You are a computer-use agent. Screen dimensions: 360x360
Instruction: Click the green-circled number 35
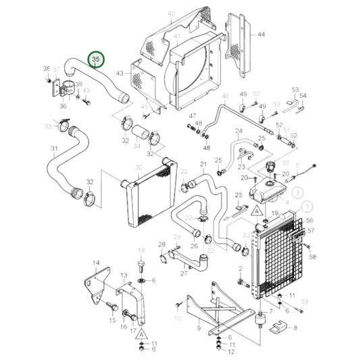(96, 61)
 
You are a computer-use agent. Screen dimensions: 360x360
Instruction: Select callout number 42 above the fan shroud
(171, 13)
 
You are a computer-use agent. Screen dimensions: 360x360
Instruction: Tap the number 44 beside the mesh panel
(261, 34)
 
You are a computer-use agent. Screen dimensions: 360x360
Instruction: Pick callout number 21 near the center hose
(203, 164)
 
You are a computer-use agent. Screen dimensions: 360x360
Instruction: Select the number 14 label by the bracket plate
(95, 263)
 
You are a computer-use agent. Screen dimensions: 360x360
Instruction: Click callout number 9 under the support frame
(199, 328)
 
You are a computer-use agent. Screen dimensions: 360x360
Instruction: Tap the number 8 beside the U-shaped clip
(294, 328)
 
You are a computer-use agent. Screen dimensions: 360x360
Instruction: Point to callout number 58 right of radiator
(312, 257)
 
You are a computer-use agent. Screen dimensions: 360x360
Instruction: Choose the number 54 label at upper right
(303, 96)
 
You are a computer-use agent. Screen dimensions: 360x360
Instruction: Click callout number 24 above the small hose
(238, 131)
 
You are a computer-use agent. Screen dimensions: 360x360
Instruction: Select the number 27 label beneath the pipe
(184, 274)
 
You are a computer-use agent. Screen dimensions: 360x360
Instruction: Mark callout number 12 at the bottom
(231, 351)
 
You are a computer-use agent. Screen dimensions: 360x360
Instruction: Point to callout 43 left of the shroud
(120, 73)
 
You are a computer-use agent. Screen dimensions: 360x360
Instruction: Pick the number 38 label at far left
(47, 69)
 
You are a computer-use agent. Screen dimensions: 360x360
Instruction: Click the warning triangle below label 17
(140, 333)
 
